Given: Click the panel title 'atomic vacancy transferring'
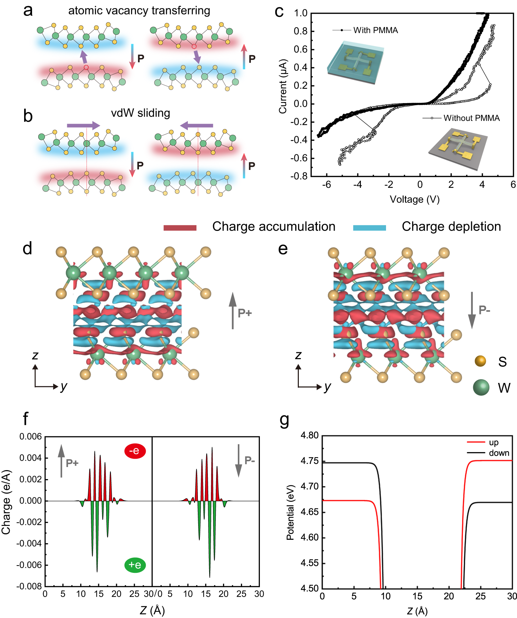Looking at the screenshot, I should [139, 11].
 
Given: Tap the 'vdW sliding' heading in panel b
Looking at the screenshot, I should [140, 113].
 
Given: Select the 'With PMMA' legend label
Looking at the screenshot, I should [375, 30].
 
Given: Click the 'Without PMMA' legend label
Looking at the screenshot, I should [471, 118].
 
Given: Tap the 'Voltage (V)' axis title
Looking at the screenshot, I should [414, 199].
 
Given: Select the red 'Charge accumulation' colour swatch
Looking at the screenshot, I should [180, 227].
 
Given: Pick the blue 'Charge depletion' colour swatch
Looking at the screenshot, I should [369, 227].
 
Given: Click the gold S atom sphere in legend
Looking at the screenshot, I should [480, 361].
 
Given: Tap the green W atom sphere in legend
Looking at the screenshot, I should [481, 387].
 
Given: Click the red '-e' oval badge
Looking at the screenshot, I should [135, 451].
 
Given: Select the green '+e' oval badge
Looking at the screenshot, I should [135, 565].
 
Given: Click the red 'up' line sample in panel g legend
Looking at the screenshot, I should [476, 442].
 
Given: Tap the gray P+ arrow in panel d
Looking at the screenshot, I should [233, 311].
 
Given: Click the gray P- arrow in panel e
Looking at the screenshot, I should [472, 310].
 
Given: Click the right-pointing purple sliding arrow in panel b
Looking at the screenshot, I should [83, 125].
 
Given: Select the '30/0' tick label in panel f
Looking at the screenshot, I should [153, 594].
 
